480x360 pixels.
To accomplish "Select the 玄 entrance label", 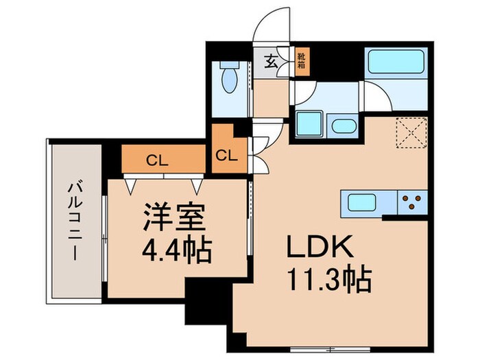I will point(270,63).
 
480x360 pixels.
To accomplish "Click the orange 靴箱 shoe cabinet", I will point(301,62).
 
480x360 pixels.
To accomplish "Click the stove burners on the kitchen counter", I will point(413,202).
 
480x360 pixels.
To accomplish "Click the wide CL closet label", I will point(157,161).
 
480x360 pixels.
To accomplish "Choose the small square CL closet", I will point(225,154).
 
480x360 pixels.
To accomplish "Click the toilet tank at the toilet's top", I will point(228,69).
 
